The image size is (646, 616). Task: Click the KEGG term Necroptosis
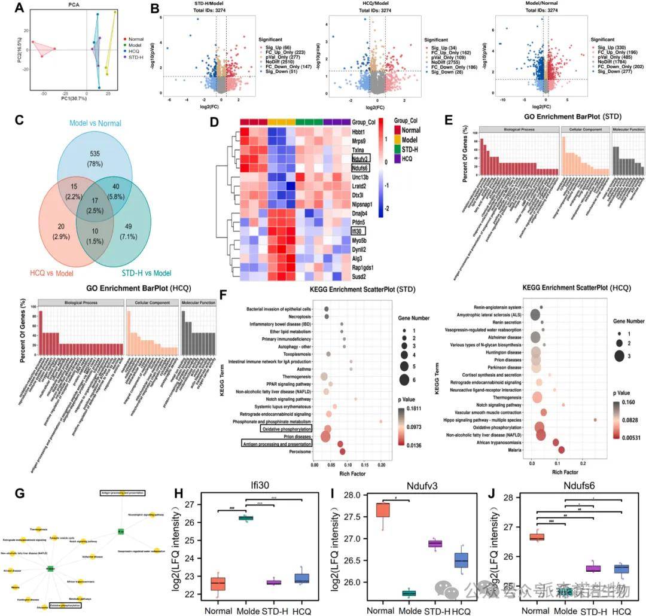(295, 317)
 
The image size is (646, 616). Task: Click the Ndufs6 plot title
(572, 480)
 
